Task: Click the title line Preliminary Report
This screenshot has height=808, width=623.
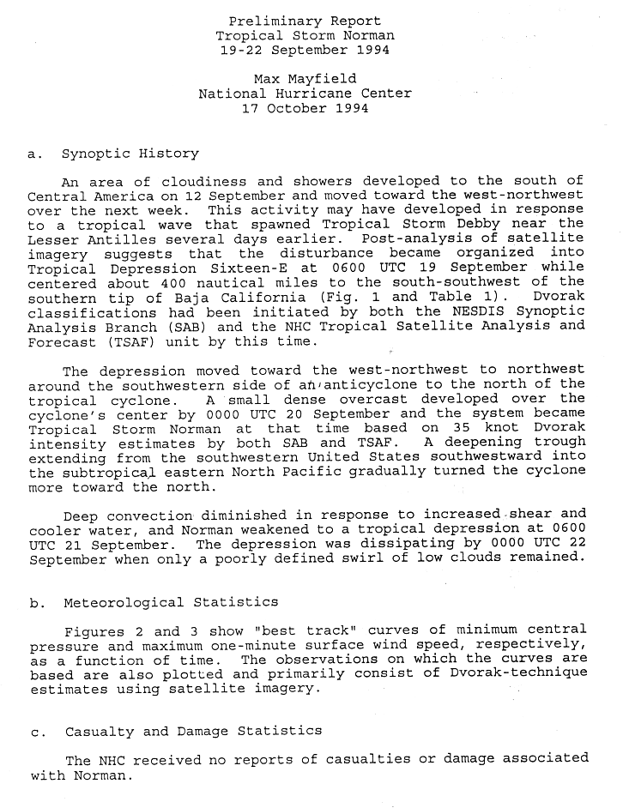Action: coord(305,21)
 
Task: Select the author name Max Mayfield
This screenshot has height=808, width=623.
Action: coord(305,79)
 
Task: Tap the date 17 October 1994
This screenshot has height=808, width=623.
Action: coord(305,108)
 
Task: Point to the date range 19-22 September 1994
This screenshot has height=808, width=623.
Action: coord(305,50)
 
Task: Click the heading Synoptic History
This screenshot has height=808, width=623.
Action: coord(130,154)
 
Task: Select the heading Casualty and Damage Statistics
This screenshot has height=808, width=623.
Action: coord(193,731)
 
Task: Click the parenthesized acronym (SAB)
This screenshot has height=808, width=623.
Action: coord(197,327)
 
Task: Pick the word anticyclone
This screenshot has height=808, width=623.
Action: coord(339,385)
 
